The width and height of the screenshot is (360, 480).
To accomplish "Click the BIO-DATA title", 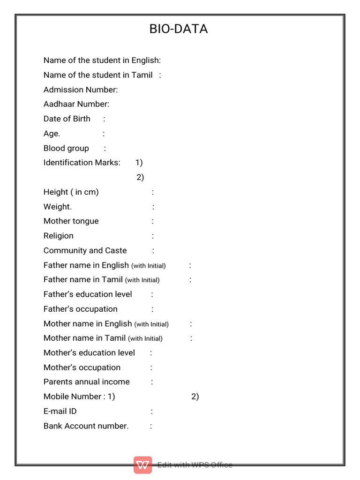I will click(x=179, y=29).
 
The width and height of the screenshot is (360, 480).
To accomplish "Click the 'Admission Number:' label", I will click(x=81, y=90).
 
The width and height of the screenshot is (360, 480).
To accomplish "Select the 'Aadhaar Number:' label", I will click(x=76, y=104).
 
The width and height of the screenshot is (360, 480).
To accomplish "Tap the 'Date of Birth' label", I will click(x=67, y=119).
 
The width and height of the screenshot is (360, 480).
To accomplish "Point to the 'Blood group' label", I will click(x=66, y=148).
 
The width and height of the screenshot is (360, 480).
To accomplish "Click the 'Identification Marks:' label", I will click(x=82, y=163).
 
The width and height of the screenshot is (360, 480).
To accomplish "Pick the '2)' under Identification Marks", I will click(x=140, y=177).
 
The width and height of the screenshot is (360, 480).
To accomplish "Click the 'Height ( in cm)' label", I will click(x=71, y=192).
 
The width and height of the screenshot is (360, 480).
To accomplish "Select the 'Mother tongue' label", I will click(x=71, y=221).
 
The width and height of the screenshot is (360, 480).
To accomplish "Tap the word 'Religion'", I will click(x=59, y=236).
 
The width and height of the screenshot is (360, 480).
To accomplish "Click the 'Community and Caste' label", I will click(x=85, y=250).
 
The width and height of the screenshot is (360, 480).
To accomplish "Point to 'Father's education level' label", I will click(x=88, y=294).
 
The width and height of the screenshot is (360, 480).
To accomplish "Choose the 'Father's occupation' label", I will click(x=81, y=309).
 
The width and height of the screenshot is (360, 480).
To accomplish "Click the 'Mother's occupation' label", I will click(x=82, y=367).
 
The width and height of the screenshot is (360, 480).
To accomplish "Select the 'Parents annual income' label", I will click(x=87, y=382).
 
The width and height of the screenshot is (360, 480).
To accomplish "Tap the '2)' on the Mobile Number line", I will click(x=195, y=397).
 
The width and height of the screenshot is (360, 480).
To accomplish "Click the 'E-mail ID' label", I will click(x=60, y=411).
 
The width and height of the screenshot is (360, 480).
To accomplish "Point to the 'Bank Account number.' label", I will click(x=86, y=426).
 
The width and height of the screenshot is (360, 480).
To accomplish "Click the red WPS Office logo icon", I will click(x=142, y=465).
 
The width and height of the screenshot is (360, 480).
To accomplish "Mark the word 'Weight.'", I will click(x=58, y=207).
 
